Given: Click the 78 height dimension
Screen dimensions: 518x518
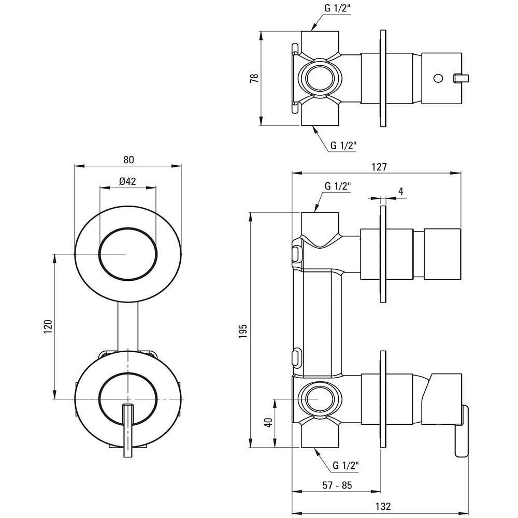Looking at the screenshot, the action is (255, 78).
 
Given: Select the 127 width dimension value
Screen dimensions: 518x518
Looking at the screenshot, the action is (379, 167).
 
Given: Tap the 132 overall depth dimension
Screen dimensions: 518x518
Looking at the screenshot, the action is (383, 506).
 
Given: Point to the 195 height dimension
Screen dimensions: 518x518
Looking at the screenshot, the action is (243, 330).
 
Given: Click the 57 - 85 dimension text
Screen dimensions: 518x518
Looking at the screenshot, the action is (337, 485).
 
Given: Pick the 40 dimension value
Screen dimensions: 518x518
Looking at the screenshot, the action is (269, 423).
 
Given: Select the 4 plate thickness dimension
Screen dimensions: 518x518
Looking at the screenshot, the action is (401, 191).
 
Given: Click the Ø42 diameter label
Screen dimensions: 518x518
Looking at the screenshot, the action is (127, 181).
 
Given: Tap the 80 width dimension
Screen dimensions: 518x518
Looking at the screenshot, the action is (129, 160).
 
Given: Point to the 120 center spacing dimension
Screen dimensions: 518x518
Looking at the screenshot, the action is (48, 326).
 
